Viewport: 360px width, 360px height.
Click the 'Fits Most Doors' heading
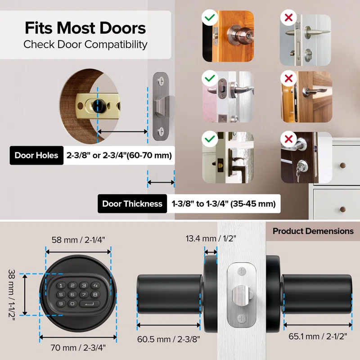pyautogui.click(x=85, y=28)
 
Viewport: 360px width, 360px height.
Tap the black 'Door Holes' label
pyautogui.click(x=36, y=156)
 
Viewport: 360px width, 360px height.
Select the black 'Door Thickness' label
pyautogui.click(x=132, y=204)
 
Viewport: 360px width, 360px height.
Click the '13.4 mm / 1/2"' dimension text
pyautogui.click(x=211, y=238)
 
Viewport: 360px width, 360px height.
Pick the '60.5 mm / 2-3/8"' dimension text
pyautogui.click(x=169, y=338)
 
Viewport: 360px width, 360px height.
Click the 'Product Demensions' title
pyautogui.click(x=313, y=231)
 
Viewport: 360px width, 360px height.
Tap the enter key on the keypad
pyautogui.click(x=89, y=304)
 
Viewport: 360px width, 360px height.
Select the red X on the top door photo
pyautogui.click(x=288, y=18)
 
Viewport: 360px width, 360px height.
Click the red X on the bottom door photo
pyautogui.click(x=288, y=139)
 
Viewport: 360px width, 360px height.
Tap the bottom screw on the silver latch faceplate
pyautogui.click(x=242, y=319)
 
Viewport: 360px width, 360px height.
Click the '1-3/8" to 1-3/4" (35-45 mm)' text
pyautogui.click(x=223, y=204)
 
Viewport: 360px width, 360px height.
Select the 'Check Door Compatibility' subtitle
pyautogui.click(x=85, y=45)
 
